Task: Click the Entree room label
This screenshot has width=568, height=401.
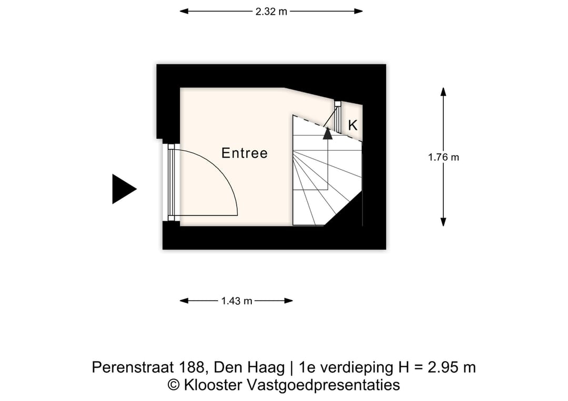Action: click(244, 153)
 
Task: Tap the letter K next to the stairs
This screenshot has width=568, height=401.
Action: click(353, 125)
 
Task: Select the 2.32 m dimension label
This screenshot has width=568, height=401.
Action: click(271, 11)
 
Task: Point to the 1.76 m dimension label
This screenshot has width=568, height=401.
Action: click(443, 157)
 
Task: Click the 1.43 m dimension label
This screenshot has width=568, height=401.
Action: click(237, 301)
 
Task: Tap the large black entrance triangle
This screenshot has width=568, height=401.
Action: click(123, 189)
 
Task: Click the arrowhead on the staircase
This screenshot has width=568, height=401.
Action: click(328, 133)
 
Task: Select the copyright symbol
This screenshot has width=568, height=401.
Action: click(174, 385)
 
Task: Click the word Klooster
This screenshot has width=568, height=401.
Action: click(211, 385)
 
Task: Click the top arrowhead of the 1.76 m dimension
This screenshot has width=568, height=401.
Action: click(443, 92)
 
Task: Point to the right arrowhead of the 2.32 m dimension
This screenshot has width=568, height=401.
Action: click(359, 11)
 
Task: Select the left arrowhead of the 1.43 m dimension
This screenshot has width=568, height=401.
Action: click(184, 301)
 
